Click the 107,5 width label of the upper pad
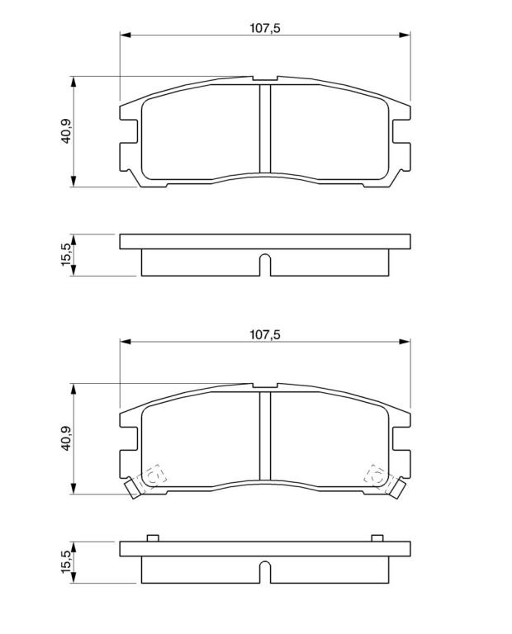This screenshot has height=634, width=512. click(265, 28)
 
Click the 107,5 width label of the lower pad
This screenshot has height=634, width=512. click(265, 335)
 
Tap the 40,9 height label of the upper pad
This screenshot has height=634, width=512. click(66, 131)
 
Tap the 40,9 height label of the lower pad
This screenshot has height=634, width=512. click(66, 438)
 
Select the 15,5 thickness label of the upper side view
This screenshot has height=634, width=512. click(66, 255)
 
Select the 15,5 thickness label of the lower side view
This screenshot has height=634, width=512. click(66, 562)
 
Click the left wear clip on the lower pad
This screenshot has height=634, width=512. click(132, 488)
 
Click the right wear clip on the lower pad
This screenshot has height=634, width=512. click(398, 488)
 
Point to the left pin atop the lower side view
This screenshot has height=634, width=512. click(153, 537)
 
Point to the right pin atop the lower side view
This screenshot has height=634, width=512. click(377, 537)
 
